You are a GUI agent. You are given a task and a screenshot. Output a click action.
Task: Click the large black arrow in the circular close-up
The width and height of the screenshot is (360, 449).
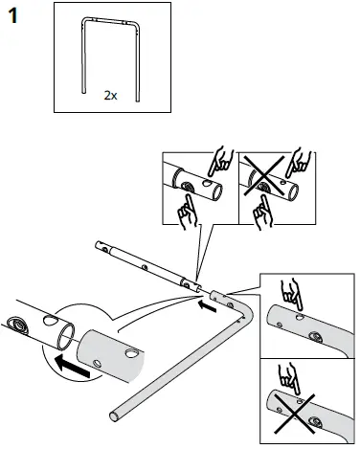tap(71, 363)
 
